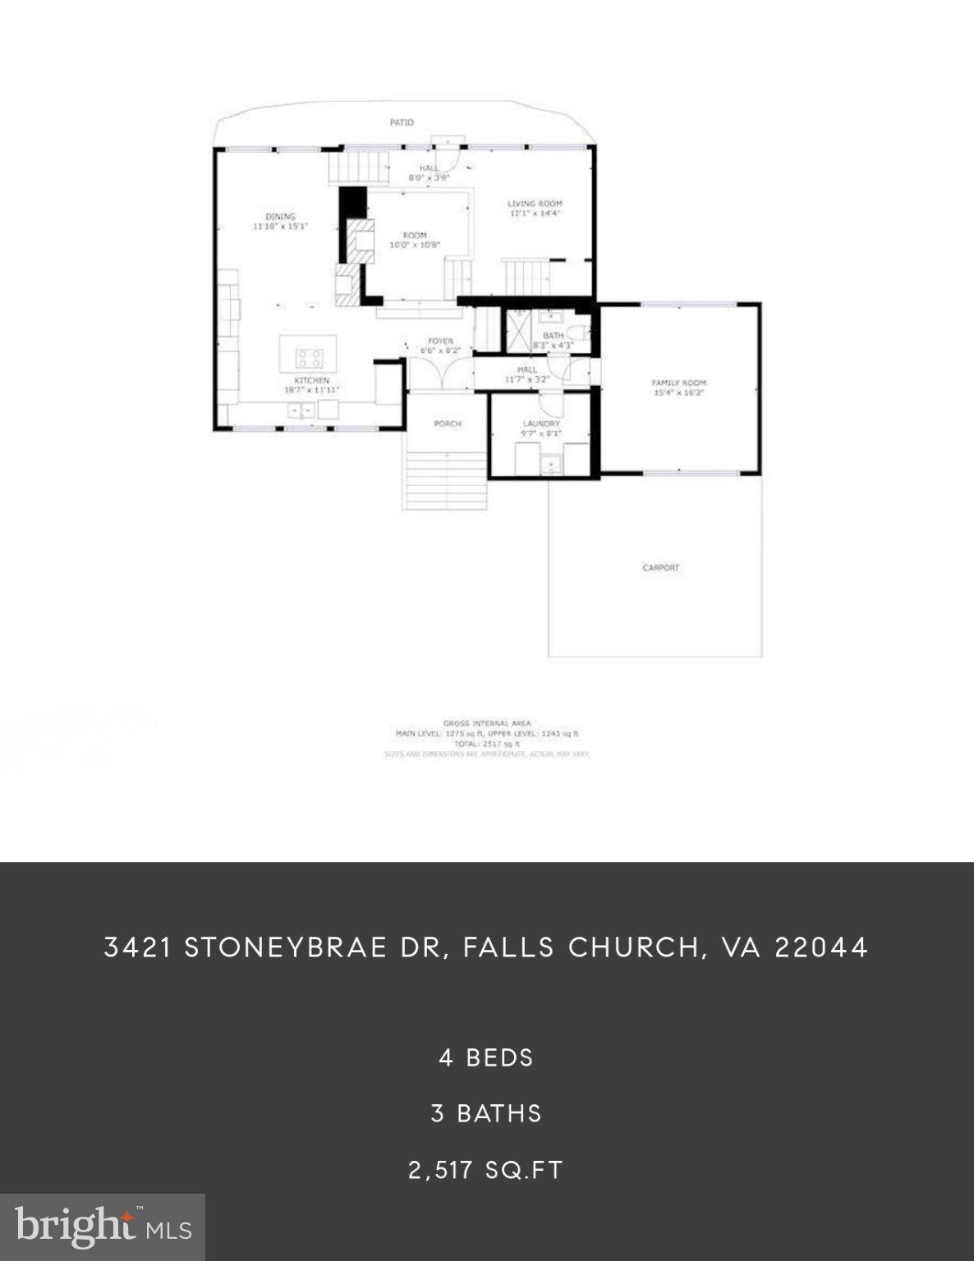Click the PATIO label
pyautogui.click(x=402, y=122)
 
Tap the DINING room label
pyautogui.click(x=280, y=217)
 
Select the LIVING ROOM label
pyautogui.click(x=535, y=204)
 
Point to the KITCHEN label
pyautogui.click(x=312, y=380)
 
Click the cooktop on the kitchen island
pyautogui.click(x=310, y=358)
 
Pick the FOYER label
pyautogui.click(x=440, y=341)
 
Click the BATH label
pyautogui.click(x=553, y=336)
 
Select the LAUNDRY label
pyautogui.click(x=541, y=424)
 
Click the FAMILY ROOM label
pyautogui.click(x=678, y=383)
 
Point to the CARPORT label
pyautogui.click(x=660, y=567)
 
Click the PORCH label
pyautogui.click(x=448, y=424)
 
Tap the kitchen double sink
pyautogui.click(x=301, y=409)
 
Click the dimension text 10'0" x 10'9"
pyautogui.click(x=415, y=245)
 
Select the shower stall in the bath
pyautogui.click(x=518, y=332)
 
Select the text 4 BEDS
pyautogui.click(x=486, y=1057)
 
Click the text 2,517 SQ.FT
pyautogui.click(x=486, y=1170)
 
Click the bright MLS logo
pyautogui.click(x=103, y=1227)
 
